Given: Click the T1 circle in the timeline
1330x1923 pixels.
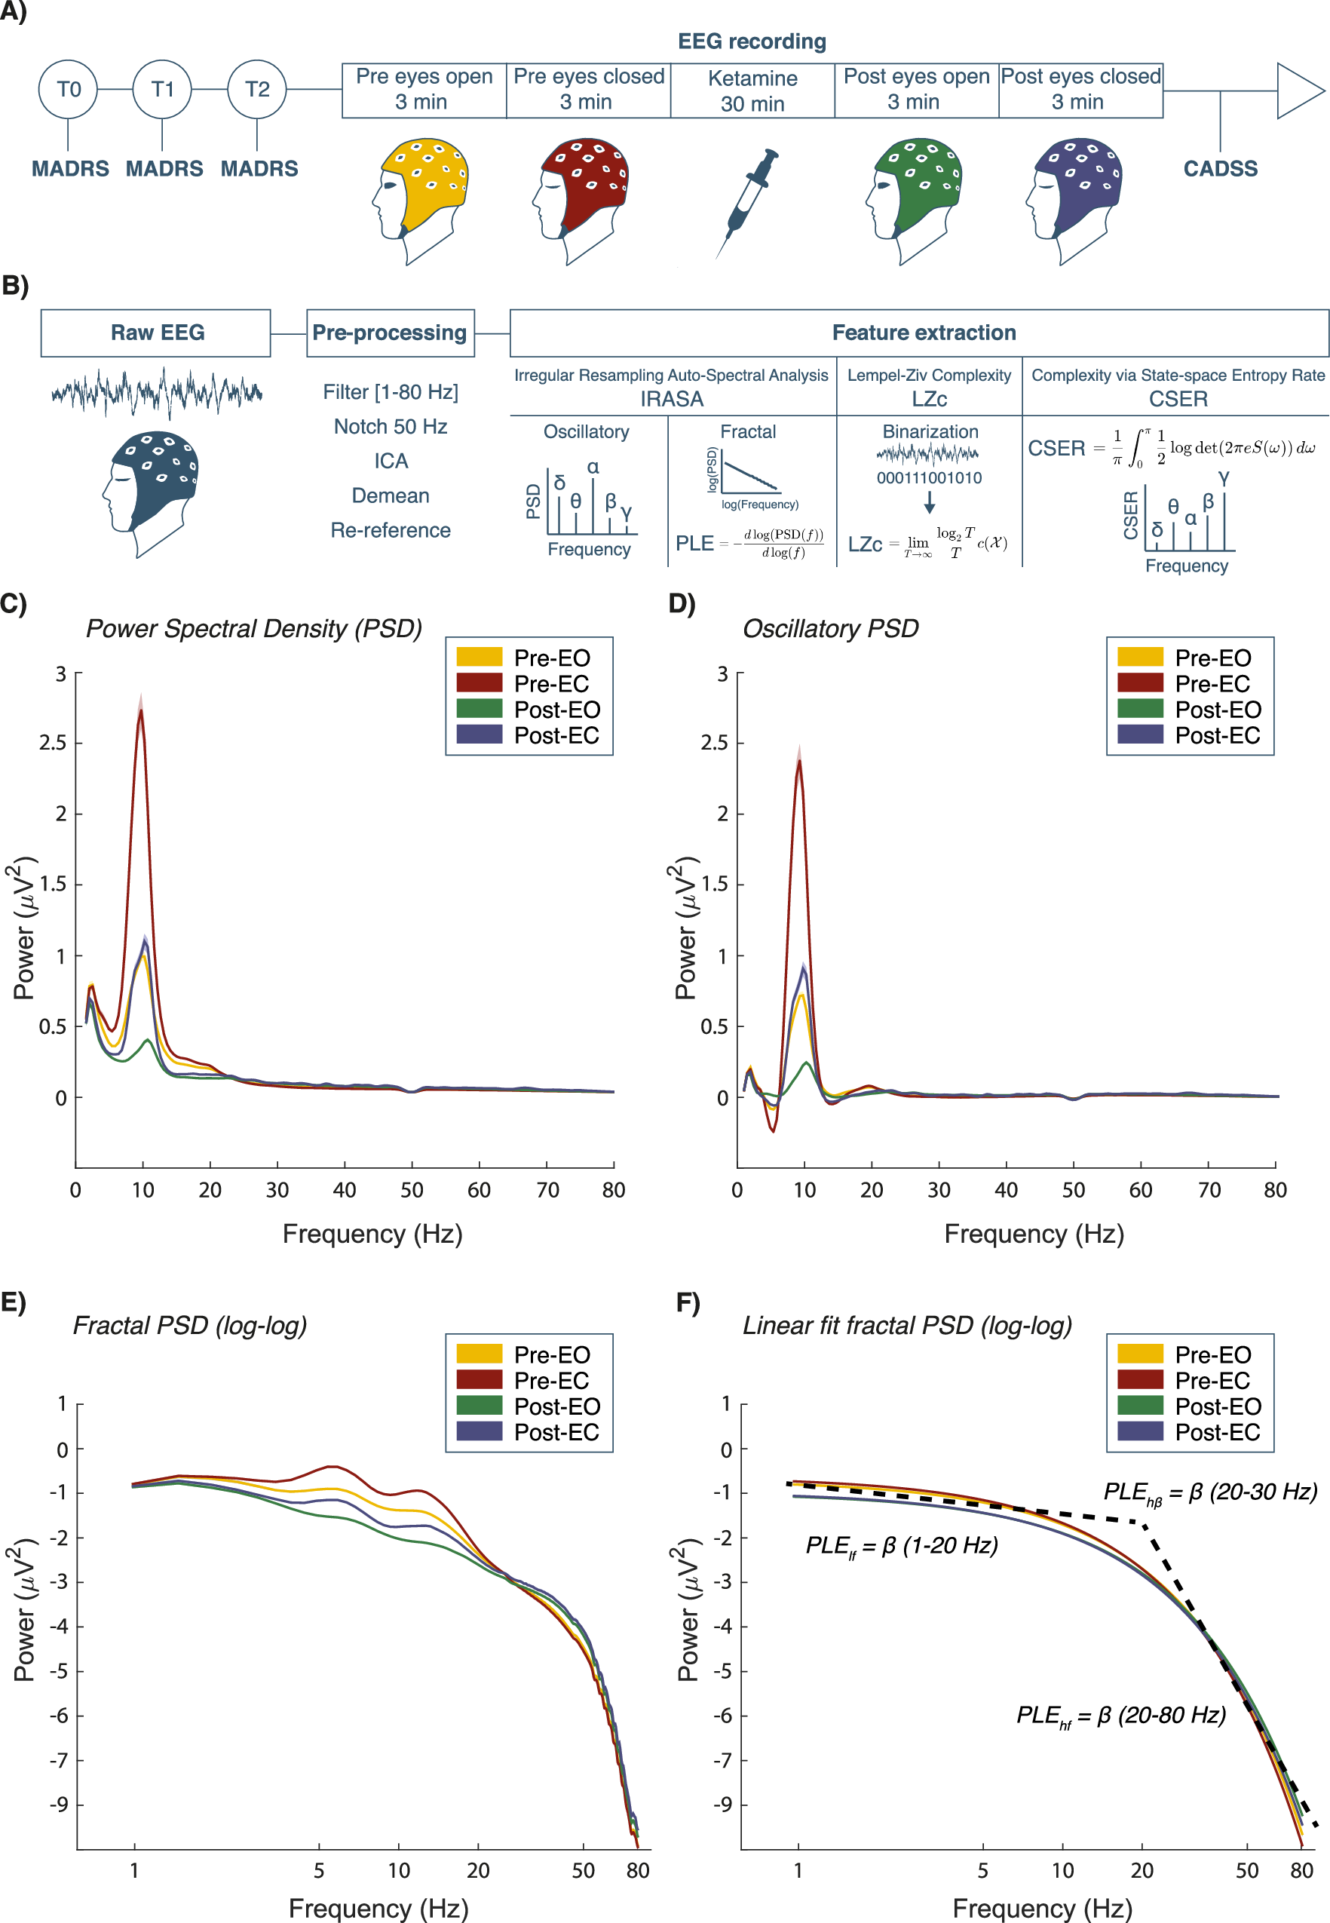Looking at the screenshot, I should (163, 89).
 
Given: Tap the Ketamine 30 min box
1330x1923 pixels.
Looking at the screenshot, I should (752, 90).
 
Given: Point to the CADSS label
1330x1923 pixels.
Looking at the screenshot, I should (1220, 168).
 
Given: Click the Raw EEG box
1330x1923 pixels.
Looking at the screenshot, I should (156, 333).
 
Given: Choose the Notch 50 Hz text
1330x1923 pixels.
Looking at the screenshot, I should (390, 427).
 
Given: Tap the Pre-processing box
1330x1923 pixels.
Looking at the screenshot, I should (390, 333).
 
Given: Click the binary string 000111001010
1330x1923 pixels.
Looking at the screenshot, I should (928, 477).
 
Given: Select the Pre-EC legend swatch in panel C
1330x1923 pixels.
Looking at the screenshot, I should (480, 683).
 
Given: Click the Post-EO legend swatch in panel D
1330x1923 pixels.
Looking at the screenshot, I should (1140, 710).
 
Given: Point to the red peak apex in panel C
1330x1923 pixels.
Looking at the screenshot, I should (141, 710).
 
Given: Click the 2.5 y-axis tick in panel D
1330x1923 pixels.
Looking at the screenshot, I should (713, 742).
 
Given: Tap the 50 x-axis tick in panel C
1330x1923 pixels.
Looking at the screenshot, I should (412, 1189).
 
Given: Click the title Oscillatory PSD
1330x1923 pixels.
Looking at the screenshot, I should (830, 628).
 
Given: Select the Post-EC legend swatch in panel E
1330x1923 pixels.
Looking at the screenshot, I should (480, 1431).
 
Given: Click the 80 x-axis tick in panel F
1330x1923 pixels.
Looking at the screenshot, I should (1301, 1869).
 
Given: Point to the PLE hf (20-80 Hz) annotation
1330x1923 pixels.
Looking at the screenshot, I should (1121, 1715).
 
